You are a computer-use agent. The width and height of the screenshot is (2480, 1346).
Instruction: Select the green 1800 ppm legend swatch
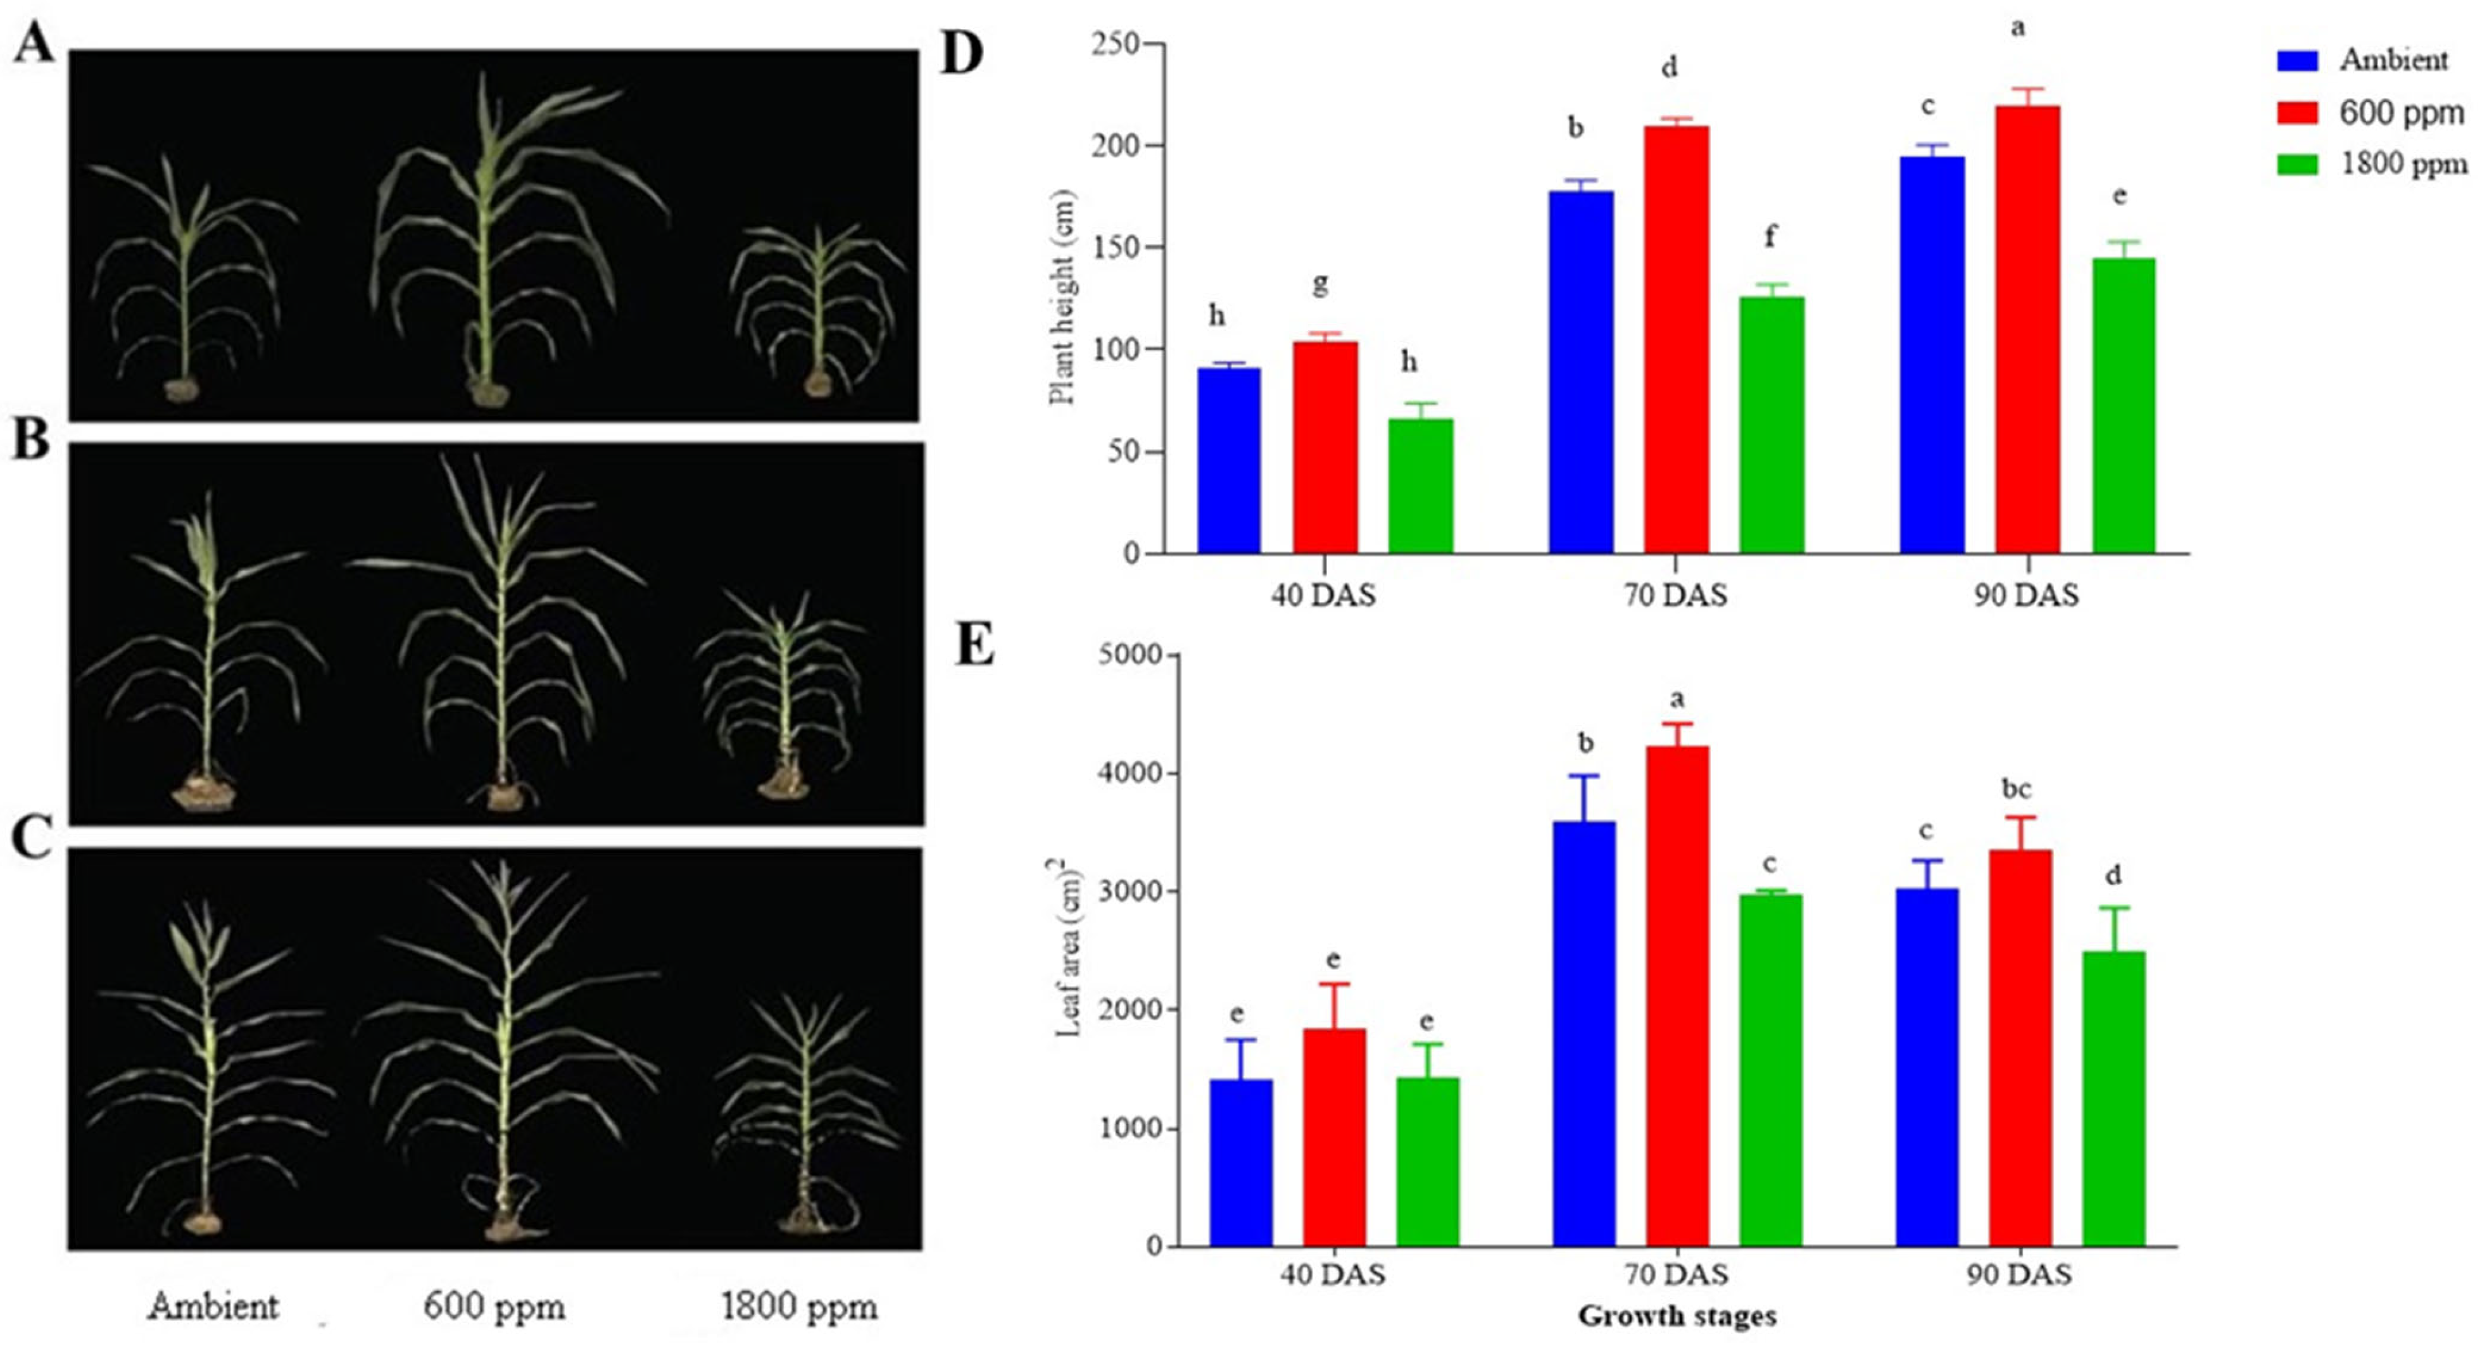(2296, 164)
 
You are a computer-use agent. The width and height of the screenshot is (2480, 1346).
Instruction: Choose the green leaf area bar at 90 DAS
(2113, 1098)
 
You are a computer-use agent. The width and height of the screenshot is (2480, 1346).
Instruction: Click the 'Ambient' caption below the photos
(213, 1307)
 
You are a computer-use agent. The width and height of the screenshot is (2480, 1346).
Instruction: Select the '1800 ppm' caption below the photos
(798, 1307)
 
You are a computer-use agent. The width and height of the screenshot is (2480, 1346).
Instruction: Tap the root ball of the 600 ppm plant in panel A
(488, 391)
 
